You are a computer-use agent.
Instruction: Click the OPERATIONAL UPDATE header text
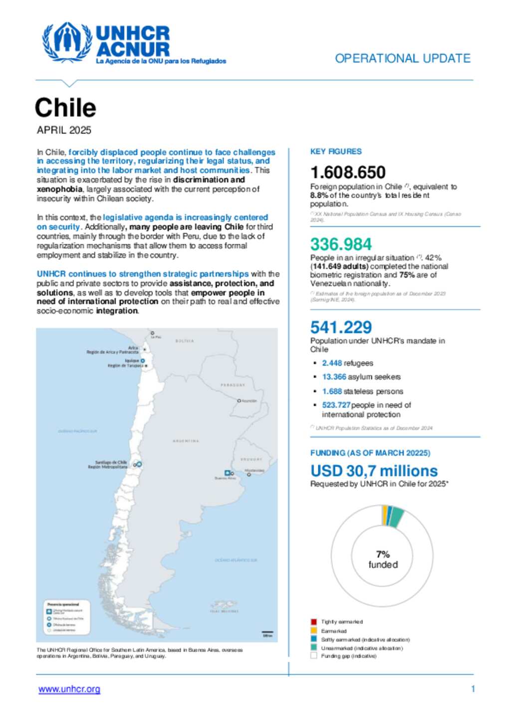click(x=402, y=58)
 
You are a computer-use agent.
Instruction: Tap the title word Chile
click(x=65, y=107)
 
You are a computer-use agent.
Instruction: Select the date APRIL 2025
click(x=64, y=130)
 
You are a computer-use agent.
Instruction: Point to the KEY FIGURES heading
click(x=336, y=152)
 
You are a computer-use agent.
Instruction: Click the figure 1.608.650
click(x=348, y=172)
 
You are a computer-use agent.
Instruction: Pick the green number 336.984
click(x=341, y=244)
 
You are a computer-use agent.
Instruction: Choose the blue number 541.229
click(x=341, y=327)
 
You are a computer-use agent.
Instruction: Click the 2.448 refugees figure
click(x=332, y=363)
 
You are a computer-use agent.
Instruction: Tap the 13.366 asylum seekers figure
click(x=334, y=377)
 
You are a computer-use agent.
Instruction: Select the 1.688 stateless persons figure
click(x=332, y=391)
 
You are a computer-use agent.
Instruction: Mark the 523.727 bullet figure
click(x=336, y=405)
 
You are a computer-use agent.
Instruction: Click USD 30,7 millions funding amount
click(x=374, y=471)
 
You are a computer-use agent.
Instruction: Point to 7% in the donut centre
click(x=383, y=554)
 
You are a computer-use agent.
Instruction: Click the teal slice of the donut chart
click(x=396, y=517)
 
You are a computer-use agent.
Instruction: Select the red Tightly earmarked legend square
click(x=313, y=622)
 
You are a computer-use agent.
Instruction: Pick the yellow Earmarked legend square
click(x=313, y=631)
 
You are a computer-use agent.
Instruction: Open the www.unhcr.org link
click(x=69, y=689)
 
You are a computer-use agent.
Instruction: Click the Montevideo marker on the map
click(x=249, y=474)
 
